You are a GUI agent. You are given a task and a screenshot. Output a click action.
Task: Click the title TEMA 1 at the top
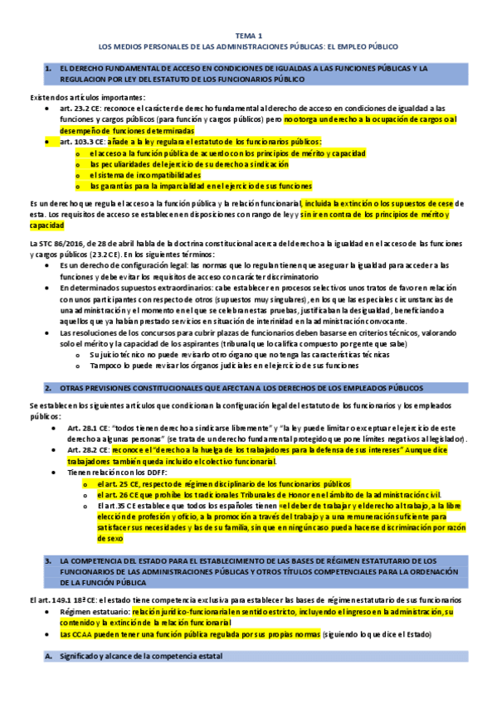248,36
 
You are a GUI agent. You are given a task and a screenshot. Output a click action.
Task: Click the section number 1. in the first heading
48,67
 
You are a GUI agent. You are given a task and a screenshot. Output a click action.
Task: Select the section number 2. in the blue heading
48,387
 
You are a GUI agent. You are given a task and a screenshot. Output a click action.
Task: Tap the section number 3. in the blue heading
48,561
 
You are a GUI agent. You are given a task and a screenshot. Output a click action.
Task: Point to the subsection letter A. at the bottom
48,657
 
